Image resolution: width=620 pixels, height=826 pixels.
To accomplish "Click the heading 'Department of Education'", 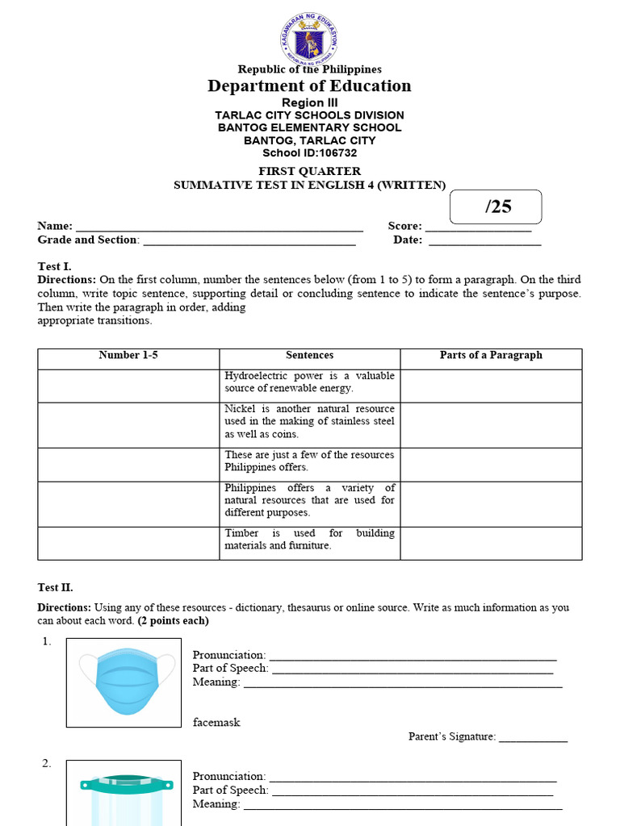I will click(x=309, y=86).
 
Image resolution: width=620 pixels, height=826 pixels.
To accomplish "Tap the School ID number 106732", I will click(x=337, y=152).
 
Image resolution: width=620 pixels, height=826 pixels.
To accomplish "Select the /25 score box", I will click(x=496, y=206).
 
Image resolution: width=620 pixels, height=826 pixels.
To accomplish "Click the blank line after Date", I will click(x=484, y=241).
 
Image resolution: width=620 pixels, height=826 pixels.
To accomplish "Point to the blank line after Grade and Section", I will click(x=249, y=241).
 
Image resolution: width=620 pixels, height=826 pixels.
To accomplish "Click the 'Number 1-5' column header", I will click(x=128, y=356).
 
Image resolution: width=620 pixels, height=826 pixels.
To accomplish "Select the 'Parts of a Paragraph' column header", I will click(x=491, y=356).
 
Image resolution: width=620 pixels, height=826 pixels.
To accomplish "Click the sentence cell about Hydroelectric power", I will click(x=309, y=382).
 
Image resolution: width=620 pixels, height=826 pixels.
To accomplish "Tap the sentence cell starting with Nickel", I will click(x=309, y=422).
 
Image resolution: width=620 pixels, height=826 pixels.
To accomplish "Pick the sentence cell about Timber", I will click(x=309, y=540).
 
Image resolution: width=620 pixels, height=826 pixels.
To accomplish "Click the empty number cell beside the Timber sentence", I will click(x=128, y=543).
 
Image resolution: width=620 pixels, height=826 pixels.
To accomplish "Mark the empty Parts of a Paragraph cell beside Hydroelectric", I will click(x=491, y=386).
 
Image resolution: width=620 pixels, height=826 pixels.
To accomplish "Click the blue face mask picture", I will click(x=124, y=682).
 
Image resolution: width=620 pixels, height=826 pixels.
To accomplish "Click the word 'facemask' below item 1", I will click(x=216, y=723).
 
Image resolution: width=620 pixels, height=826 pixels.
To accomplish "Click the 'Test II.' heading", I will click(x=55, y=588).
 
